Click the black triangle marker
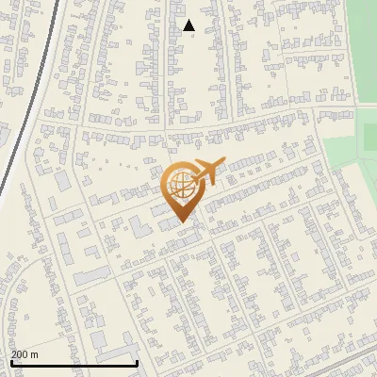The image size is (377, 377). tap(188, 25)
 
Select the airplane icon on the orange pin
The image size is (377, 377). tap(209, 172)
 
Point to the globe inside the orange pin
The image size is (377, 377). tap(180, 185)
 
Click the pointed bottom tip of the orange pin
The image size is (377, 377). tap(181, 222)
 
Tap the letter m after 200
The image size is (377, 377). tap(35, 354)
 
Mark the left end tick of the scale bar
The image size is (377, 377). tap(10, 361)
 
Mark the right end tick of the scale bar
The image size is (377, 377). tap(138, 361)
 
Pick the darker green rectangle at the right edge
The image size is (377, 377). tap(370, 137)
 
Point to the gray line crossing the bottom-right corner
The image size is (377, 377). tap(349, 362)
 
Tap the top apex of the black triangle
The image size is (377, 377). tap(188, 20)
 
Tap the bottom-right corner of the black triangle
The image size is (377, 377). tap(195, 31)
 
